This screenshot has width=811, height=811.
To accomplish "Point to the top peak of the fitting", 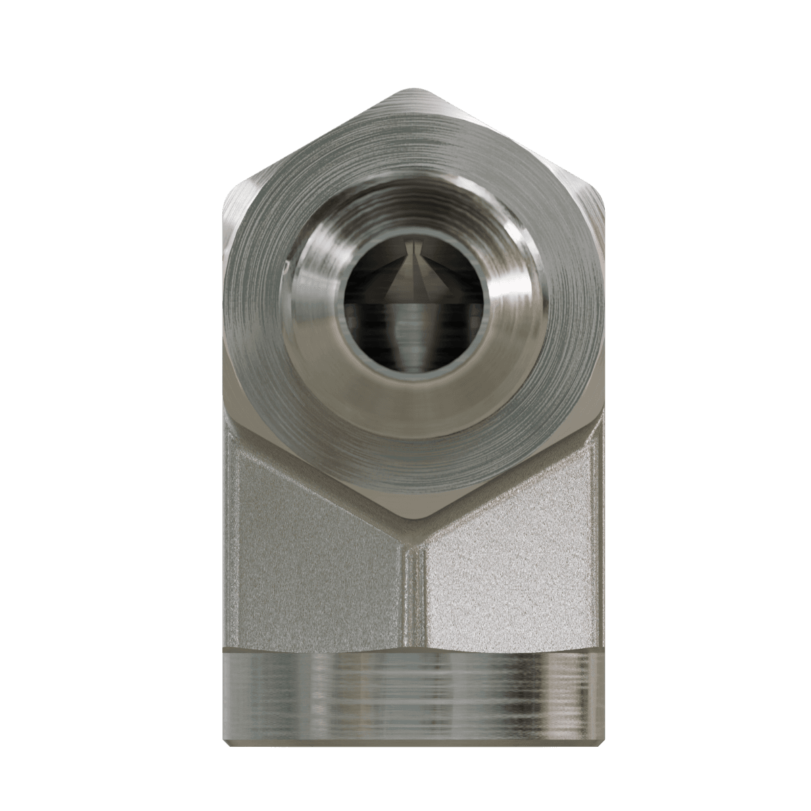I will pyautogui.click(x=410, y=90).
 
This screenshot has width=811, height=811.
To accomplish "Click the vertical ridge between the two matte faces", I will pyautogui.click(x=410, y=595).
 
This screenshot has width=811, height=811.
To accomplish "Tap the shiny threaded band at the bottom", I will pyautogui.click(x=410, y=696).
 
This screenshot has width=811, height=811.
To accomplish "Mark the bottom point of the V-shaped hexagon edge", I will pyautogui.click(x=410, y=520).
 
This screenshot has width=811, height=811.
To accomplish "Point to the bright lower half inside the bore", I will pyautogui.click(x=410, y=338).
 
